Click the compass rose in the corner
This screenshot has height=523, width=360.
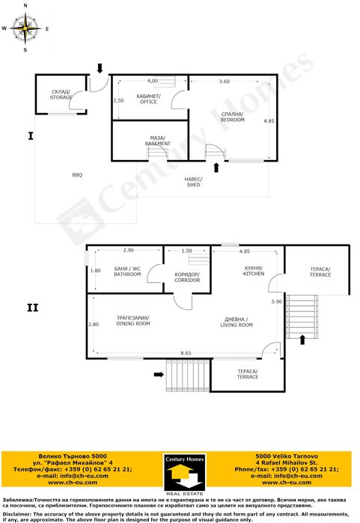25,28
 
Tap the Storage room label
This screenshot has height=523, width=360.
61,94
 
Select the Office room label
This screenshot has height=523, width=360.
148,99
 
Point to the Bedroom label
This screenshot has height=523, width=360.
233,117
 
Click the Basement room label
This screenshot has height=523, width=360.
157,141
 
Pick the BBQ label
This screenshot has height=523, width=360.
77,175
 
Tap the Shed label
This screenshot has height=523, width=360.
194,182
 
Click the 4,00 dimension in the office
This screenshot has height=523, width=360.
153,81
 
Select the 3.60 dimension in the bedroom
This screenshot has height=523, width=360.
225,81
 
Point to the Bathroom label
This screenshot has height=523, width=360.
127,272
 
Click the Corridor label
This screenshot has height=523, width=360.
187,277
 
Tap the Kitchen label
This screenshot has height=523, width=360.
254,271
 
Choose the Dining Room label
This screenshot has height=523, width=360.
133,320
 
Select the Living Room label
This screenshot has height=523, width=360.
237,322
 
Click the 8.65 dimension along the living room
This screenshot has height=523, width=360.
186,353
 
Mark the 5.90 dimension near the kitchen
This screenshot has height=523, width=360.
277,302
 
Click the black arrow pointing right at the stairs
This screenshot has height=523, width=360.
159,375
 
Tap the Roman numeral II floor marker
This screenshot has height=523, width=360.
33,308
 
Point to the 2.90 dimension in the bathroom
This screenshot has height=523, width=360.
129,250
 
